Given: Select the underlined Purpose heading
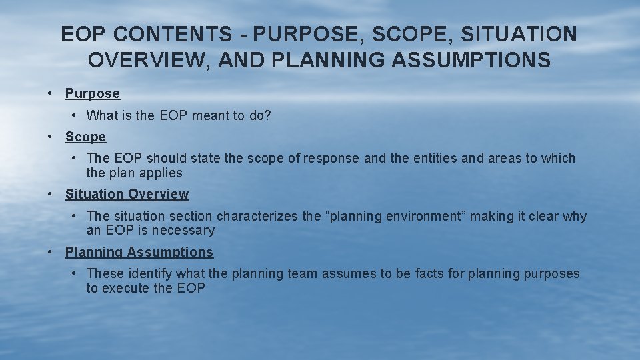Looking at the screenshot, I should pyautogui.click(x=93, y=94).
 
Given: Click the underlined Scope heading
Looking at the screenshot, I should pyautogui.click(x=85, y=137).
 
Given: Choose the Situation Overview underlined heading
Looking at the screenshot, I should pyautogui.click(x=127, y=195).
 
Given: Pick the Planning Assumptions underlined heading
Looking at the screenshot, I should pyautogui.click(x=139, y=253).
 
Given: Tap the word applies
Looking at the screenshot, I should pyautogui.click(x=161, y=173).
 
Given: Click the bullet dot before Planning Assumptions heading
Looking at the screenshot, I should pyautogui.click(x=51, y=253).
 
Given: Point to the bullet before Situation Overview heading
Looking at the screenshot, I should pyautogui.click(x=51, y=195).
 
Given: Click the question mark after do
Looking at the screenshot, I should pyautogui.click(x=268, y=115).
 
